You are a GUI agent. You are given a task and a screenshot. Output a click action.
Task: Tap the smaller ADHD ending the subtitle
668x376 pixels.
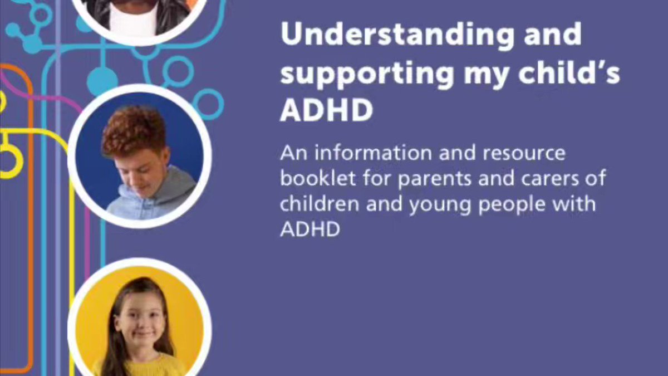pyautogui.click(x=310, y=229)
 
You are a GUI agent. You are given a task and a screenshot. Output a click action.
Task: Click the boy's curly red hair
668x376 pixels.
pyautogui.click(x=134, y=129)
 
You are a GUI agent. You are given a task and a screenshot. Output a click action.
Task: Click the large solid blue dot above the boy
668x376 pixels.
pyautogui.click(x=102, y=81)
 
